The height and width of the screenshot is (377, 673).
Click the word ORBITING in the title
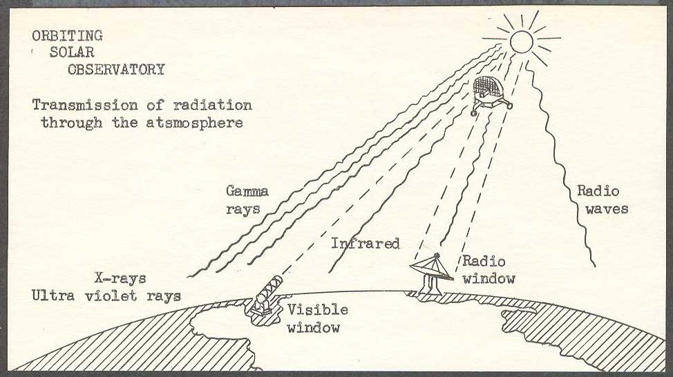coord(68,36)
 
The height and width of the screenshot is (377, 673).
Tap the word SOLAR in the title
coord(72,52)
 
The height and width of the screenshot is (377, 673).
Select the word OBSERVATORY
coord(116,70)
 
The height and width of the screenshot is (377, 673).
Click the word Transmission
coord(85,106)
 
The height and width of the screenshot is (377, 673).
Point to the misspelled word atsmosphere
coord(194,123)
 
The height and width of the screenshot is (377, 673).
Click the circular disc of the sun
coord(522,41)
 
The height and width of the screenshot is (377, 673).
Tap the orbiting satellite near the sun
coord(491,95)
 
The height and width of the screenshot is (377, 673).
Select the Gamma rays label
coord(247,200)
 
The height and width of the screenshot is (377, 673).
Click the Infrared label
coord(366,244)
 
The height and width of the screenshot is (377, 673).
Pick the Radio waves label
coord(603,200)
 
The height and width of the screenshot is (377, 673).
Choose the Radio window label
coord(489,270)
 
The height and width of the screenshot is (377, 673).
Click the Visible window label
coord(318,319)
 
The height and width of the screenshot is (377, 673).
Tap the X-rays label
coord(121,278)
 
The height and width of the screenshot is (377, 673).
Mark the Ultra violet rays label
coord(106,296)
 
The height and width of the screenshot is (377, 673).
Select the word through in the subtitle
coord(72,123)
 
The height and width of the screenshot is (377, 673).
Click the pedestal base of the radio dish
coord(430,284)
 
